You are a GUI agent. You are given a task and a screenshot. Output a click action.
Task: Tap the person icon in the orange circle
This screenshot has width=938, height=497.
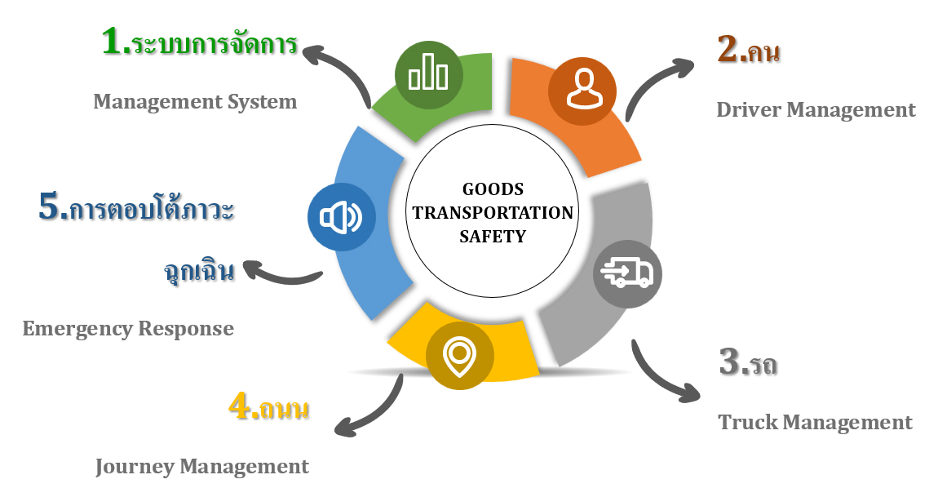coord(582,88)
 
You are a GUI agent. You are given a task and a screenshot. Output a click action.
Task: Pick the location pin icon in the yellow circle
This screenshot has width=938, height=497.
coord(459,357)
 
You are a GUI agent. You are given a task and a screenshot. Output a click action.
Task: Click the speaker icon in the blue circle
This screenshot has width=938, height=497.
coord(341,217)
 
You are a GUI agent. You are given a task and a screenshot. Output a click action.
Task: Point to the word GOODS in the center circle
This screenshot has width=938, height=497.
coord(493,189)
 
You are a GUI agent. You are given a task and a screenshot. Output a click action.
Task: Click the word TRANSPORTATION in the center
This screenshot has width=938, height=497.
coord(493,213)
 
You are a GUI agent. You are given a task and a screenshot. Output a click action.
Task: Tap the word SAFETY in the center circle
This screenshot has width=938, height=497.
coord(493,237)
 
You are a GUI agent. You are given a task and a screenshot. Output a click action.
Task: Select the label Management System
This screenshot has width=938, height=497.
coord(195,102)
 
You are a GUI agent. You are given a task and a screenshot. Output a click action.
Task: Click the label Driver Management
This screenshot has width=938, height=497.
coord(816,109)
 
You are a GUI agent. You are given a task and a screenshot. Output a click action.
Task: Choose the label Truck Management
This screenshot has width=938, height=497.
coord(815,423)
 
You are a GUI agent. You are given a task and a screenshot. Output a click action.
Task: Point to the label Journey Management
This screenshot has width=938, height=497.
coord(202,467)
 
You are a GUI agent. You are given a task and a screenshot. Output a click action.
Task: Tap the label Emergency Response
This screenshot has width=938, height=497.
coord(128,329)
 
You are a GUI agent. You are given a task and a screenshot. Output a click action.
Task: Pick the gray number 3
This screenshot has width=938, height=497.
coord(730,362)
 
